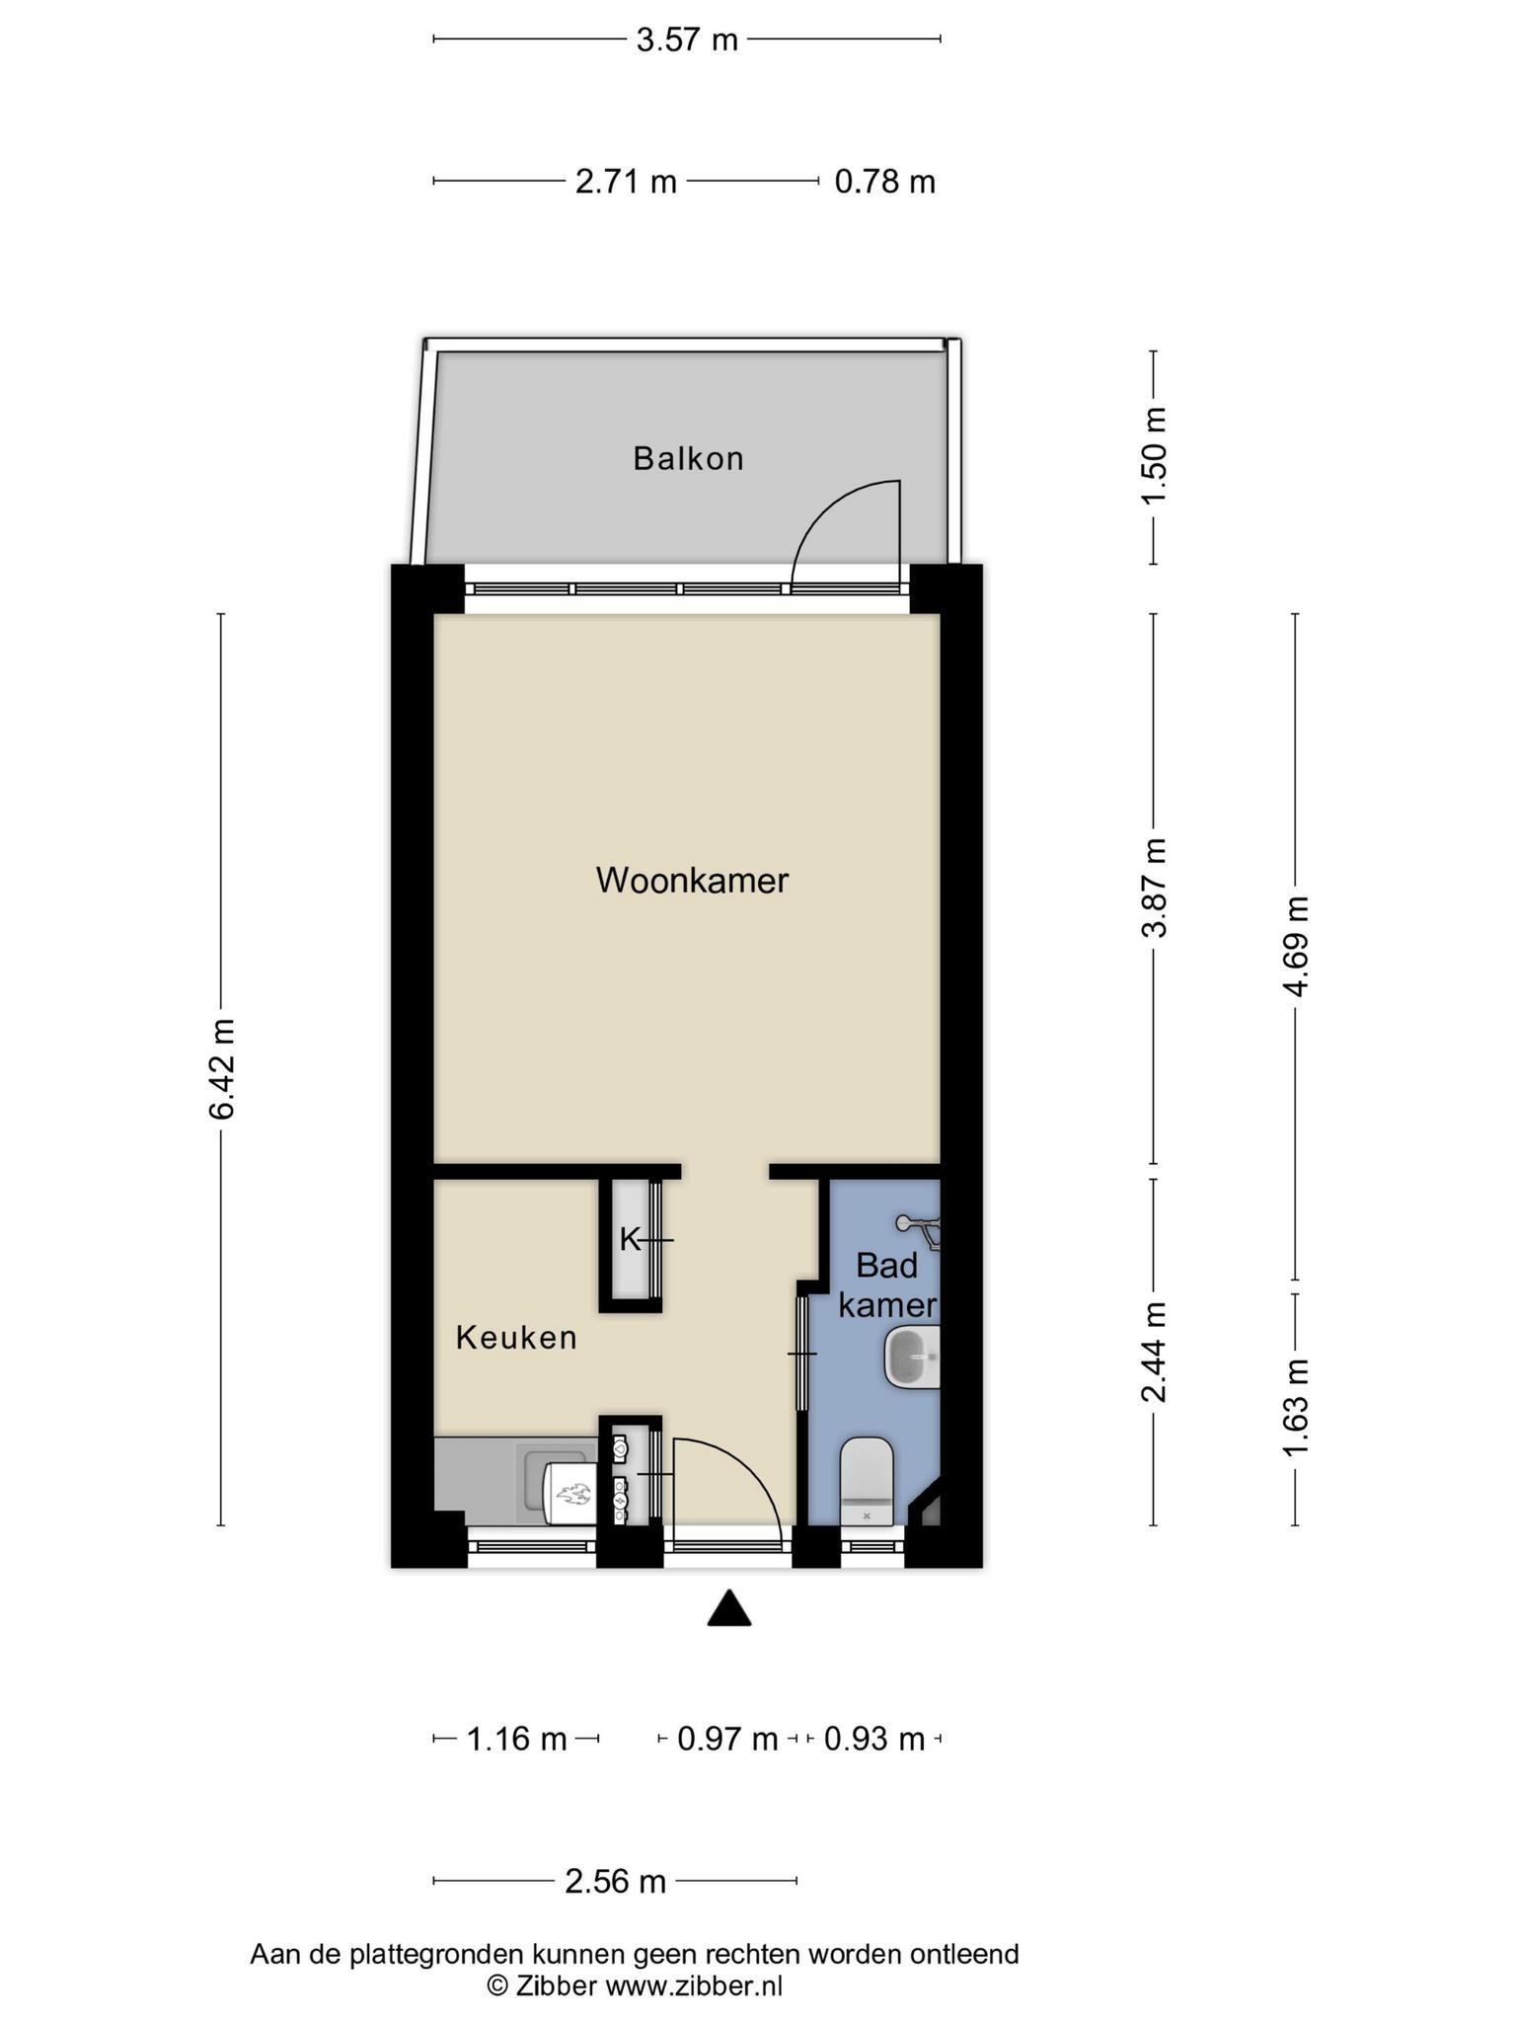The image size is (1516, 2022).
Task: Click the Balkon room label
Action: (x=688, y=459)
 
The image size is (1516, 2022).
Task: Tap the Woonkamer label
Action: (x=692, y=880)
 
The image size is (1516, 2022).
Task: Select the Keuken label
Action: (x=516, y=1338)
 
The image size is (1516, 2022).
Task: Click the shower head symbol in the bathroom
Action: (x=918, y=1227)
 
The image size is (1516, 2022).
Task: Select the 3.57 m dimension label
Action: (x=687, y=39)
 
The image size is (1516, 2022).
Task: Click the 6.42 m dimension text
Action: (x=221, y=1068)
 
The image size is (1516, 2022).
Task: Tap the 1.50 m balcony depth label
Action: (x=1154, y=455)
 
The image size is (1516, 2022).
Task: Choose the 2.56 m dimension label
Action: (x=615, y=1881)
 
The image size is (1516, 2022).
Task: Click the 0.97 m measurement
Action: (x=727, y=1739)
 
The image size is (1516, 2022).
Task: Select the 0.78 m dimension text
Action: (x=884, y=182)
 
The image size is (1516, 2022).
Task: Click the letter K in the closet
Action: (x=630, y=1239)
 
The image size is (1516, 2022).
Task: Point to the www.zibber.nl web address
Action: (x=694, y=1985)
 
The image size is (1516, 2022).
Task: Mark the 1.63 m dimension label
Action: (x=1296, y=1409)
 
